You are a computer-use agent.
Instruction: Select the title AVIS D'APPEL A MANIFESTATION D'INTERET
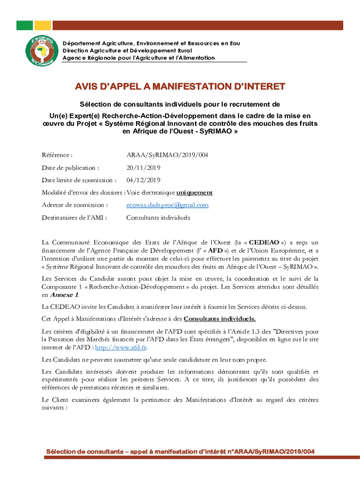[x=180, y=87]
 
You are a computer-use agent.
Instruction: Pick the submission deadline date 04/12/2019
[x=143, y=180]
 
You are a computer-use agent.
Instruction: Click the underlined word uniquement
[x=194, y=192]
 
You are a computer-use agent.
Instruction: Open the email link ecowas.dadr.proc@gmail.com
[x=167, y=205]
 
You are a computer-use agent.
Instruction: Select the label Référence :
[x=57, y=155]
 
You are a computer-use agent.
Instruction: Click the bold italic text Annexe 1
[x=64, y=295]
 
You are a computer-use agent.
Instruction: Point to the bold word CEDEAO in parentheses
[x=264, y=242]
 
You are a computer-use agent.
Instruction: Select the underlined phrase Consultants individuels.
[x=220, y=319]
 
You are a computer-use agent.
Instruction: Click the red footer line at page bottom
[x=180, y=451]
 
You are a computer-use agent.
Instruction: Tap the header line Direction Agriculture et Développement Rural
[x=127, y=51]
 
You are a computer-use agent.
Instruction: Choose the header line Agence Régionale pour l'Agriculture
[x=138, y=58]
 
